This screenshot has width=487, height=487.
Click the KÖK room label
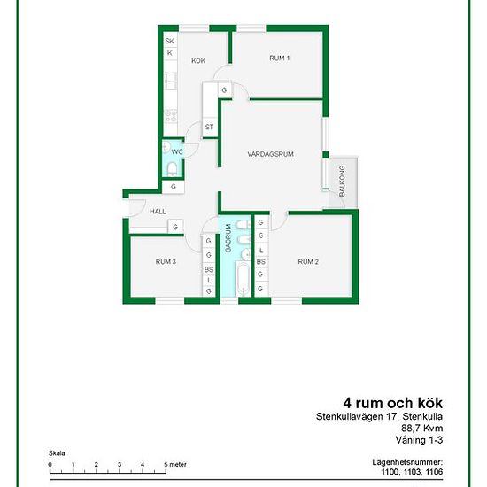(198, 60)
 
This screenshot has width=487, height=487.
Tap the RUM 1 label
(280, 58)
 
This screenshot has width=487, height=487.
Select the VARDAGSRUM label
(271, 154)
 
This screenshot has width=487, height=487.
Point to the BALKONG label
(342, 181)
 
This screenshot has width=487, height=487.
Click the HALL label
(158, 212)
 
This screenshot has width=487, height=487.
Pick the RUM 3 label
(166, 262)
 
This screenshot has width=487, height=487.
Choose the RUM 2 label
(308, 262)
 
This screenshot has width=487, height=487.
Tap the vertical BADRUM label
(228, 238)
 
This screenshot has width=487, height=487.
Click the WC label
(177, 152)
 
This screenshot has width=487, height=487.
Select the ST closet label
(209, 127)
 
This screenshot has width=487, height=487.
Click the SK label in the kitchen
(170, 41)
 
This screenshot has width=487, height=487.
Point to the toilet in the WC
(172, 169)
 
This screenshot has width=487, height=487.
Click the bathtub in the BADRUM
(243, 279)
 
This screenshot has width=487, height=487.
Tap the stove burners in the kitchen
(171, 115)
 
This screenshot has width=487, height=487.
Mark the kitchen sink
(171, 80)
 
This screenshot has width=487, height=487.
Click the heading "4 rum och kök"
(393, 403)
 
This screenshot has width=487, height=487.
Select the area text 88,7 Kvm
(422, 428)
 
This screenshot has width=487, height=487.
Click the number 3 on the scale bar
(120, 465)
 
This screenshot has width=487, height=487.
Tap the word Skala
(57, 453)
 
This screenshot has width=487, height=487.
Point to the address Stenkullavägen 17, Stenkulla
(379, 416)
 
